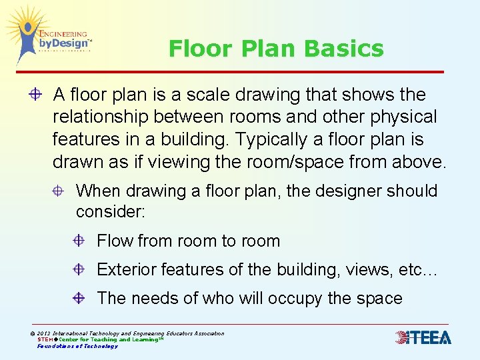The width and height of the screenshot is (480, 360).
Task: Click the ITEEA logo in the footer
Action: click(423, 337)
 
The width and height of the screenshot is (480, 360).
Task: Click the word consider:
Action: click(110, 212)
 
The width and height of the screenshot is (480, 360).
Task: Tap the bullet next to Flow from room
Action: click(79, 241)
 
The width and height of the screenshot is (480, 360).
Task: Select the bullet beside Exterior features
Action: click(79, 269)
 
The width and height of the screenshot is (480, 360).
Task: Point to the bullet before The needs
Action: click(79, 298)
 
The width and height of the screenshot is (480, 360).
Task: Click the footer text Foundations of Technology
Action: click(77, 346)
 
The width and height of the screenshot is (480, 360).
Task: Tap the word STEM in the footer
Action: click(46, 339)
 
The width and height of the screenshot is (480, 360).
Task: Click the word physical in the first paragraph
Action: click(403, 117)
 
